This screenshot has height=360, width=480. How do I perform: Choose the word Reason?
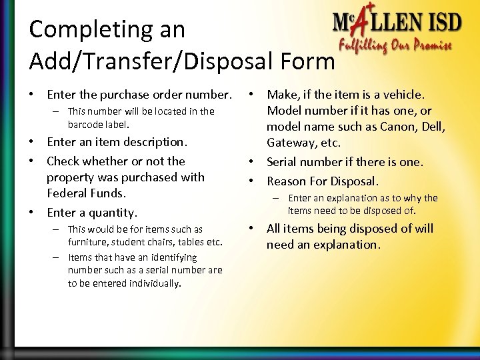tap(288, 181)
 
